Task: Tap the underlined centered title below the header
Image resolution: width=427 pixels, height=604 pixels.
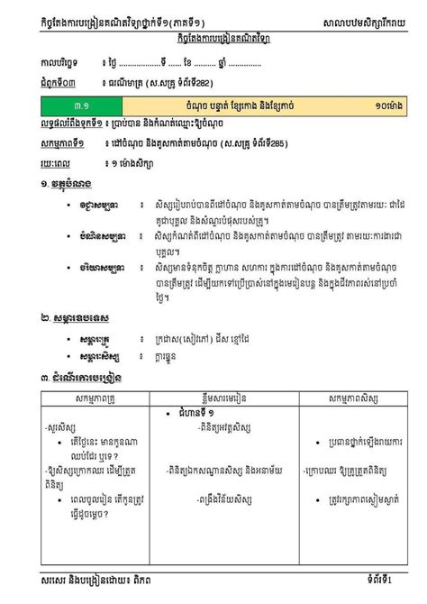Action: [213, 40]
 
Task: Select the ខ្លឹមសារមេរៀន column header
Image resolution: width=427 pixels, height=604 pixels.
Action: [225, 398]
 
